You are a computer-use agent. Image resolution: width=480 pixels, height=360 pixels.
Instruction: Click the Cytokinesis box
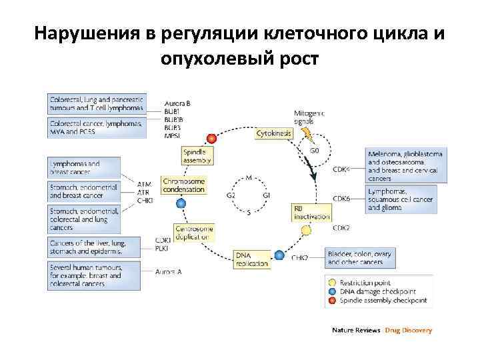click(274, 133)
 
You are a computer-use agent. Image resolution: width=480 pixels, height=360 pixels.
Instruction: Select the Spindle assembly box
click(197, 155)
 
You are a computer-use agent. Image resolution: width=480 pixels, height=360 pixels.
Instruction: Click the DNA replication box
click(252, 259)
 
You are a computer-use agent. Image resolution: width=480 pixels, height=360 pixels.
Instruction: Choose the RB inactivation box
click(311, 212)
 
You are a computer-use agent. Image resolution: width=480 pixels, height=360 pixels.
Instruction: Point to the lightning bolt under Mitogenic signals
click(308, 136)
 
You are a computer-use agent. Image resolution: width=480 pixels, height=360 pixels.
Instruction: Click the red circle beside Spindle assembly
click(211, 138)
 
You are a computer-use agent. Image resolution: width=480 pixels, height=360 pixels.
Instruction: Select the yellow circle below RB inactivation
click(306, 231)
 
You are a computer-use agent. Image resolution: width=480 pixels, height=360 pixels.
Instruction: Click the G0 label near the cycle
click(314, 151)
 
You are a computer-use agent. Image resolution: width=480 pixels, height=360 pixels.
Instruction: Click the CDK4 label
click(341, 169)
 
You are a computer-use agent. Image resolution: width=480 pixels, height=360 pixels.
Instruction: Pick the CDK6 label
click(341, 199)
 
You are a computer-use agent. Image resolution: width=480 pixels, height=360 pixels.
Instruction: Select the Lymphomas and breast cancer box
click(84, 167)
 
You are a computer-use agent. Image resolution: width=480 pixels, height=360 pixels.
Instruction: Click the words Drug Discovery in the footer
click(408, 330)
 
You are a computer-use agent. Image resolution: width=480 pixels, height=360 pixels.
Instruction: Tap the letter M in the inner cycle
click(249, 178)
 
